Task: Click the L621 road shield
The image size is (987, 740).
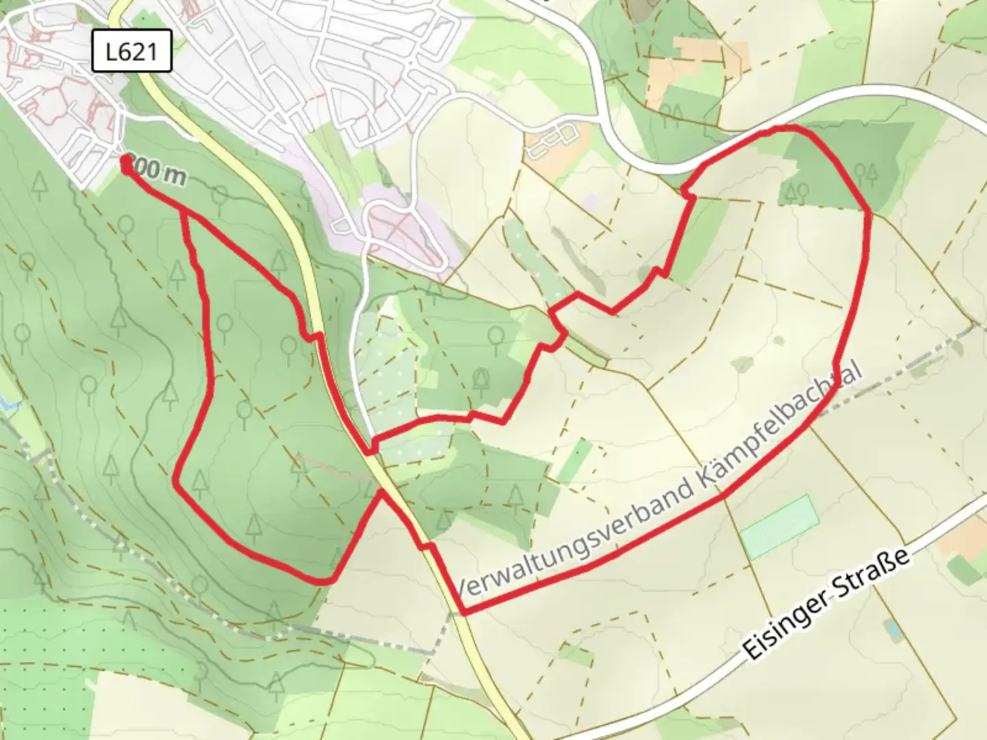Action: pos(131,51)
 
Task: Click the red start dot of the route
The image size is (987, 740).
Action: pos(127,162)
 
